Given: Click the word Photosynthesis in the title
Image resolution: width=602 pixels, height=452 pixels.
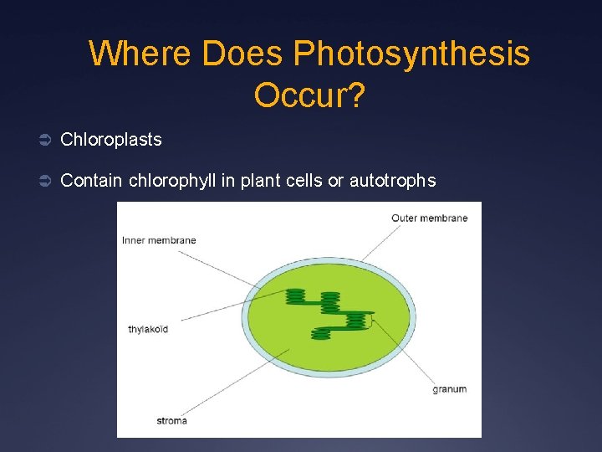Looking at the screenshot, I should (411, 54).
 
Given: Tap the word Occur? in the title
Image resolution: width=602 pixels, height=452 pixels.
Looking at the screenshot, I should (309, 96).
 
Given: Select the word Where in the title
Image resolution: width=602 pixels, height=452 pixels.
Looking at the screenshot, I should (141, 54).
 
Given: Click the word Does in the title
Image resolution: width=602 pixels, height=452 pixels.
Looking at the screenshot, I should (243, 54).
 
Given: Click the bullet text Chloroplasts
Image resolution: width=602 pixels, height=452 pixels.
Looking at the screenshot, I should (111, 140).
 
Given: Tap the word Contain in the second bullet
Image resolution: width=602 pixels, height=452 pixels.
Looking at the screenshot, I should (92, 180).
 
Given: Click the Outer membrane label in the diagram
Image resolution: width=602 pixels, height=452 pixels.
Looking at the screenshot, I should (429, 218).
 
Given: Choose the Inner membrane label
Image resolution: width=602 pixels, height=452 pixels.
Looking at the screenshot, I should (159, 240).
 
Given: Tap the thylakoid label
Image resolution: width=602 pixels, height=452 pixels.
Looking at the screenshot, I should (148, 329).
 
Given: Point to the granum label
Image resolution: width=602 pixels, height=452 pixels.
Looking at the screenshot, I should (449, 389).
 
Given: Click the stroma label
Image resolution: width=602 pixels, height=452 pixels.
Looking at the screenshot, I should (171, 420).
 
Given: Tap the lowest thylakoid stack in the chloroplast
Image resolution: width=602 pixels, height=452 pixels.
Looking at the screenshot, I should (321, 334).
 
